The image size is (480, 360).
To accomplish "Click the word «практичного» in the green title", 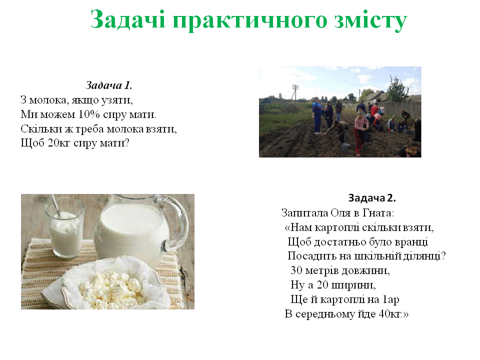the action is pyautogui.click(x=250, y=20).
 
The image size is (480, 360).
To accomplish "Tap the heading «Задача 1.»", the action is pyautogui.click(x=108, y=85).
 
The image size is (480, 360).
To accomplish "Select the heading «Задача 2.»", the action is pyautogui.click(x=372, y=198).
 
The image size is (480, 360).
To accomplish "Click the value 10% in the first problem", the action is pyautogui.click(x=89, y=114).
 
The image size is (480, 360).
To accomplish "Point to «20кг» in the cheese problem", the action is pyautogui.click(x=59, y=142).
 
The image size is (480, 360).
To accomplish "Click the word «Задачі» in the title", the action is pyautogui.click(x=128, y=20).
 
